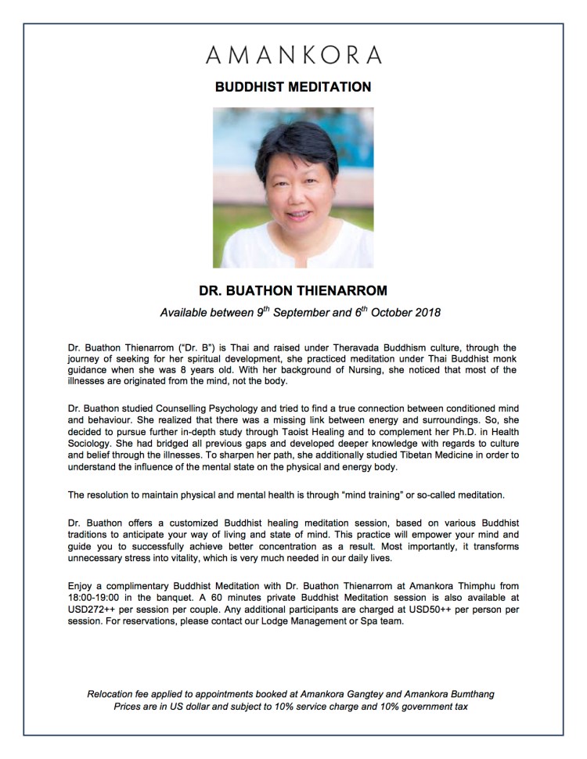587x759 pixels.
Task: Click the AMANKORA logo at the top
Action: click(293, 55)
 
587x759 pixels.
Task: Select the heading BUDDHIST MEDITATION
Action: click(293, 87)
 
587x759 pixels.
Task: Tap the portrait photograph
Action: click(293, 188)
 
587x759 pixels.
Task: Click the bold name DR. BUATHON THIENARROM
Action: click(293, 291)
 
